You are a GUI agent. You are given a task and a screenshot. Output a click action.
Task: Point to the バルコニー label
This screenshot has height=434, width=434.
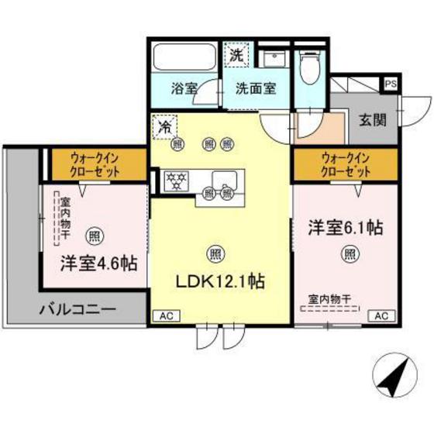point(77,309)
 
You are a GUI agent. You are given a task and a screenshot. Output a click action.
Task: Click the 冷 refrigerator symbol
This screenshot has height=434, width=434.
point(165,126)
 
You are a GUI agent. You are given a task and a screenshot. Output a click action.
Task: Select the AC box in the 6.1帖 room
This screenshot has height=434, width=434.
point(381,316)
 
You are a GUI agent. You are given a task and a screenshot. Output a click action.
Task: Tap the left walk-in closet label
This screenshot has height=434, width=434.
point(98,164)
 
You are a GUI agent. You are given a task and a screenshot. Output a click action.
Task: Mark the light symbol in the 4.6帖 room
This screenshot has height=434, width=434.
point(93,233)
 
